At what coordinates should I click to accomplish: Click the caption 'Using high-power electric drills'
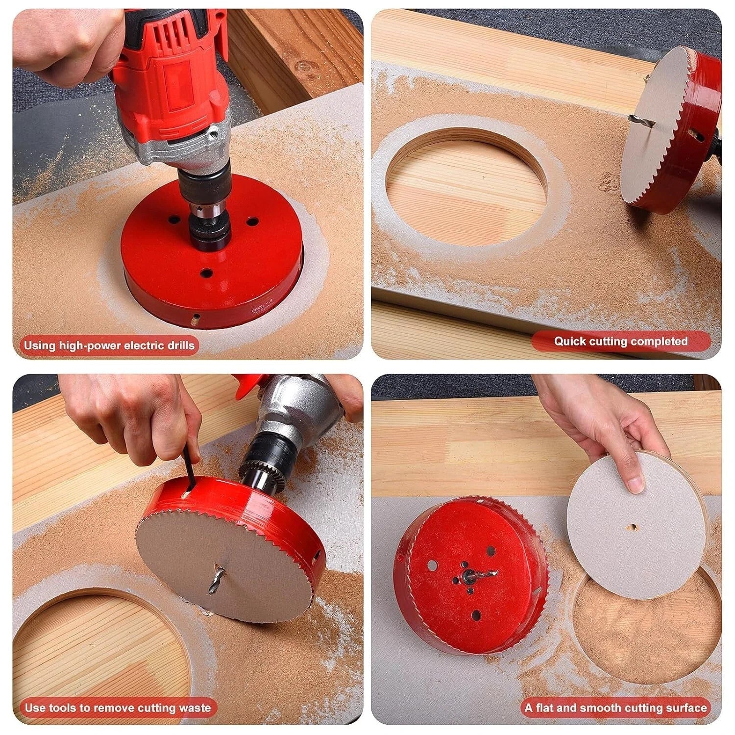pyautogui.click(x=109, y=345)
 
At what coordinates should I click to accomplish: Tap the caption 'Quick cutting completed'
pyautogui.click(x=621, y=342)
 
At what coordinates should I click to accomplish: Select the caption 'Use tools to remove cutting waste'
pyautogui.click(x=118, y=708)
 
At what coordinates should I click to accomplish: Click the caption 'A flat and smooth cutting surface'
pyautogui.click(x=616, y=708)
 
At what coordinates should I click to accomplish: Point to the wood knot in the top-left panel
pyautogui.click(x=305, y=66)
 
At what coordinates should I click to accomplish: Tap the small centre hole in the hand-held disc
pyautogui.click(x=633, y=527)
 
